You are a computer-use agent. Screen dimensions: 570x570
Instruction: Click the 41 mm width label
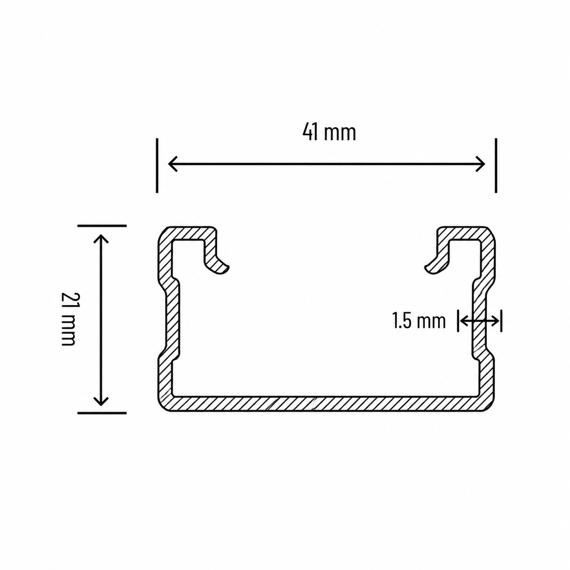coord(329,133)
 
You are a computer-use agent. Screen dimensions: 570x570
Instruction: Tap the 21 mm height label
coord(68,319)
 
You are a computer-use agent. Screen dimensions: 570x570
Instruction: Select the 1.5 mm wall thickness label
coord(419,321)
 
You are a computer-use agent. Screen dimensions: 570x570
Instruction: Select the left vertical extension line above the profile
coord(157,165)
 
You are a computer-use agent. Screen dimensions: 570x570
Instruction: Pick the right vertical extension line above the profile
coord(496,165)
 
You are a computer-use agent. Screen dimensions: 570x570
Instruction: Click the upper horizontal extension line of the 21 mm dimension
coord(102,226)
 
